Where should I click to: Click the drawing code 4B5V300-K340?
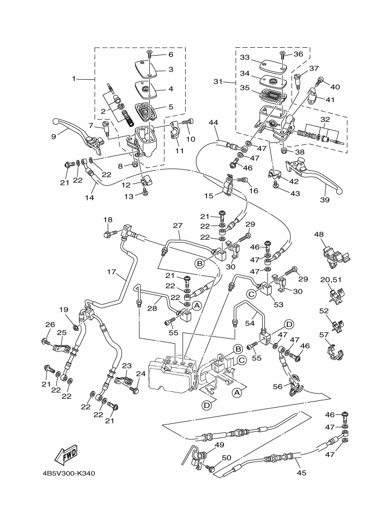click(68, 473)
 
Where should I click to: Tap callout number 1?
click(74, 79)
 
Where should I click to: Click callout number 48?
click(319, 234)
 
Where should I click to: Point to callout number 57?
click(324, 335)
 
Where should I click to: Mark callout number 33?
click(244, 58)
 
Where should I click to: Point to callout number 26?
click(50, 324)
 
